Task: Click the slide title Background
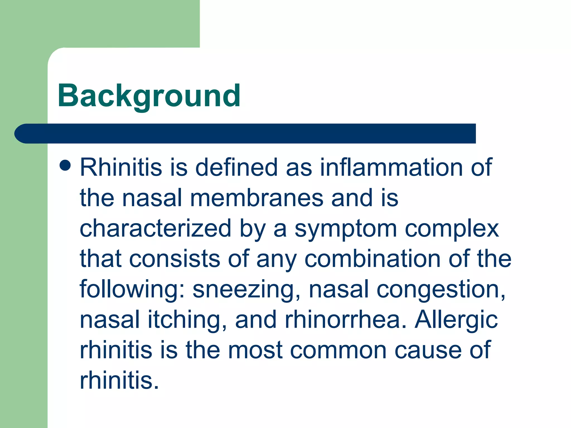click(x=149, y=96)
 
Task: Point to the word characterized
click(x=155, y=228)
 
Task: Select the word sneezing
click(x=243, y=290)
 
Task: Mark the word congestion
click(x=441, y=290)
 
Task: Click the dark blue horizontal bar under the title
click(x=245, y=133)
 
